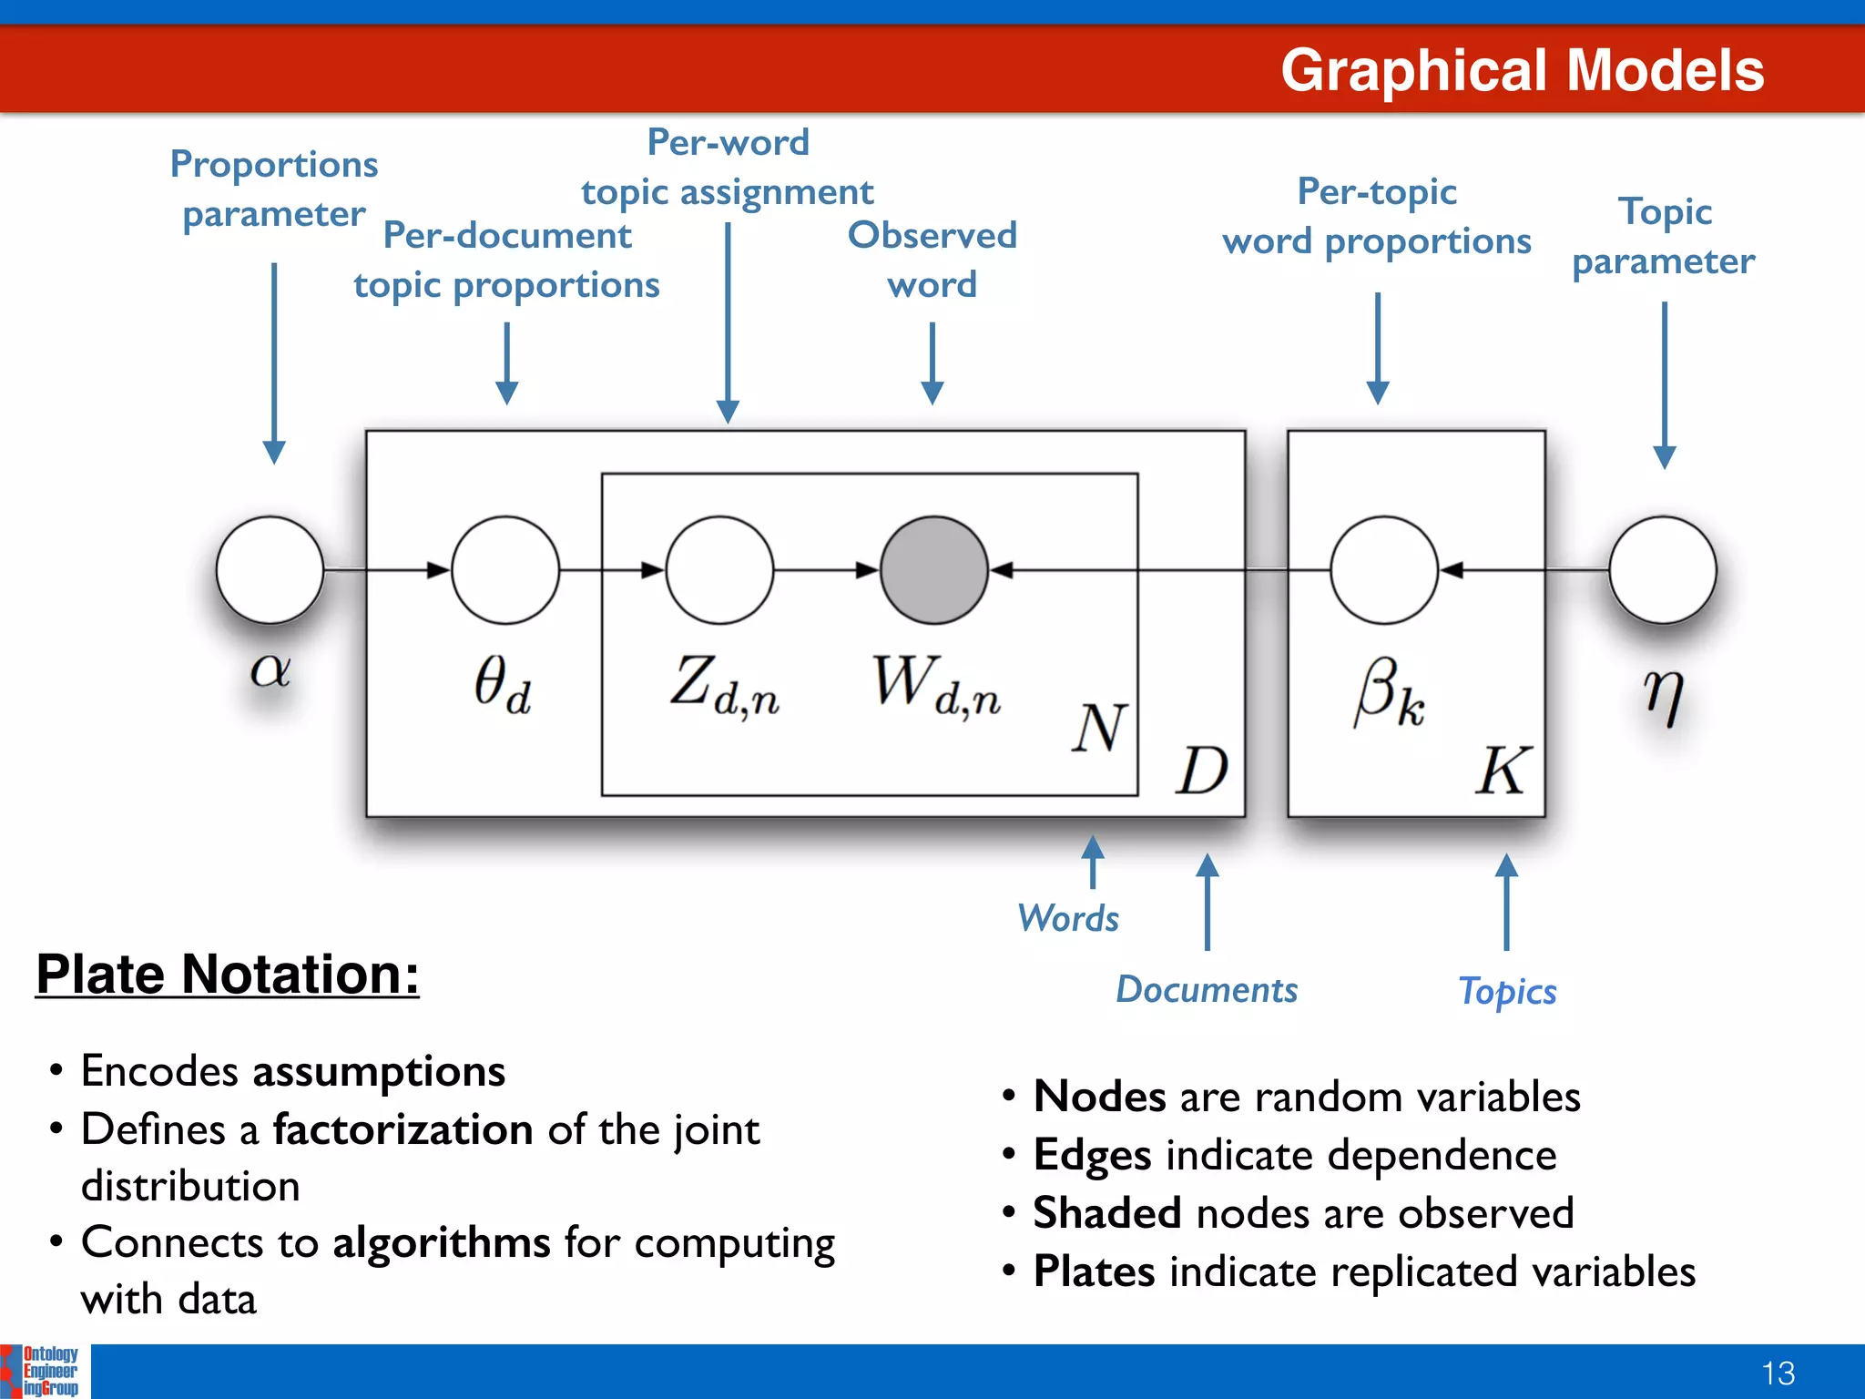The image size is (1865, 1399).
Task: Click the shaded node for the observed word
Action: pos(933,570)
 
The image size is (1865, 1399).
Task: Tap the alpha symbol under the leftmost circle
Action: pos(270,670)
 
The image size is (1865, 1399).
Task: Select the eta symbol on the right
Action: pos(1664,696)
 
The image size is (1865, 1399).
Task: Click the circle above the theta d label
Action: pos(505,570)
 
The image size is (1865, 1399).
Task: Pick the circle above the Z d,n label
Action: pos(719,570)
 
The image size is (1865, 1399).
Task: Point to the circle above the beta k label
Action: pos(1383,570)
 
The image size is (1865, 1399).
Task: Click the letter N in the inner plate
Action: pos(1099,728)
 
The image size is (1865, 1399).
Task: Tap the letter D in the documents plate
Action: pos(1202,771)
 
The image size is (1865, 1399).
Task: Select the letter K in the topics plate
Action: pos(1503,771)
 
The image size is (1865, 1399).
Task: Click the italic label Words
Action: pos(1068,918)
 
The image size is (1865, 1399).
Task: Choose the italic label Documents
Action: pos(1207,989)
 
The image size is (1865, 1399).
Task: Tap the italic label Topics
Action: pos(1508,991)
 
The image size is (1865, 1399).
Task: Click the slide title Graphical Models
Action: pos(1522,70)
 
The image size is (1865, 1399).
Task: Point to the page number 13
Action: pos(1778,1373)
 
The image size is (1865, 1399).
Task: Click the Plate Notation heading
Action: pos(228,974)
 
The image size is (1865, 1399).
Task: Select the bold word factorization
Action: pos(403,1129)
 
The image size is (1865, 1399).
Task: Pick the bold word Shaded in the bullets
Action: pos(1107,1213)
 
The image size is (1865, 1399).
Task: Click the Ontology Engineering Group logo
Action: pos(42,1371)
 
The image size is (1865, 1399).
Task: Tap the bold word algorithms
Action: pos(442,1242)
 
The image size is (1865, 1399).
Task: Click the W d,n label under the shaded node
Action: pos(936,685)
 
